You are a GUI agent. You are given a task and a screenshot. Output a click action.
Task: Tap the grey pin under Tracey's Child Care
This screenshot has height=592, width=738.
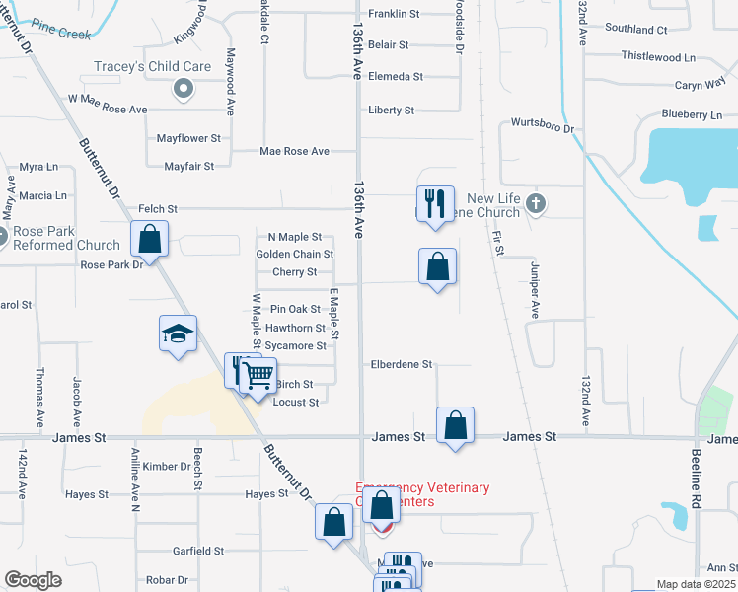point(183,90)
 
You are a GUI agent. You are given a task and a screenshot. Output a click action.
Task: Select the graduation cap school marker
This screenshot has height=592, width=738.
point(179,333)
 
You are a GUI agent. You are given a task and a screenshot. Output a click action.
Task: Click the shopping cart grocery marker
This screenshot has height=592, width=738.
point(257,374)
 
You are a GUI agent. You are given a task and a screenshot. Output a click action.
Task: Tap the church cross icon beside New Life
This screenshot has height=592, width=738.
point(535,204)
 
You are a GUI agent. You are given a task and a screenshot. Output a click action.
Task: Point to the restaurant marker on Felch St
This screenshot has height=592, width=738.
point(435,203)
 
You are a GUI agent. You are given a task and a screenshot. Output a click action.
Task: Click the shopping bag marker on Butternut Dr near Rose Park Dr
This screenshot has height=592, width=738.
point(149,238)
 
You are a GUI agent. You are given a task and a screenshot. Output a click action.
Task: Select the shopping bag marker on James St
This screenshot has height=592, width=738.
point(455,425)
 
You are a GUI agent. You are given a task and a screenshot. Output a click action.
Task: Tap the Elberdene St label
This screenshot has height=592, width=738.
point(402,364)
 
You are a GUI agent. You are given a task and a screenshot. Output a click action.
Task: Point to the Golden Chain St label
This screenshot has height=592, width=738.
point(294,255)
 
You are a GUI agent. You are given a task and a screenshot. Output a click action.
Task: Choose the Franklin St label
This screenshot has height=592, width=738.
point(394,14)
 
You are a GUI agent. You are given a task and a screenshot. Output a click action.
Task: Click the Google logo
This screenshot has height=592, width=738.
point(33,580)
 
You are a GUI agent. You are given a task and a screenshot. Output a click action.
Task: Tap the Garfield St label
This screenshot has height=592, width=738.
point(199,551)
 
